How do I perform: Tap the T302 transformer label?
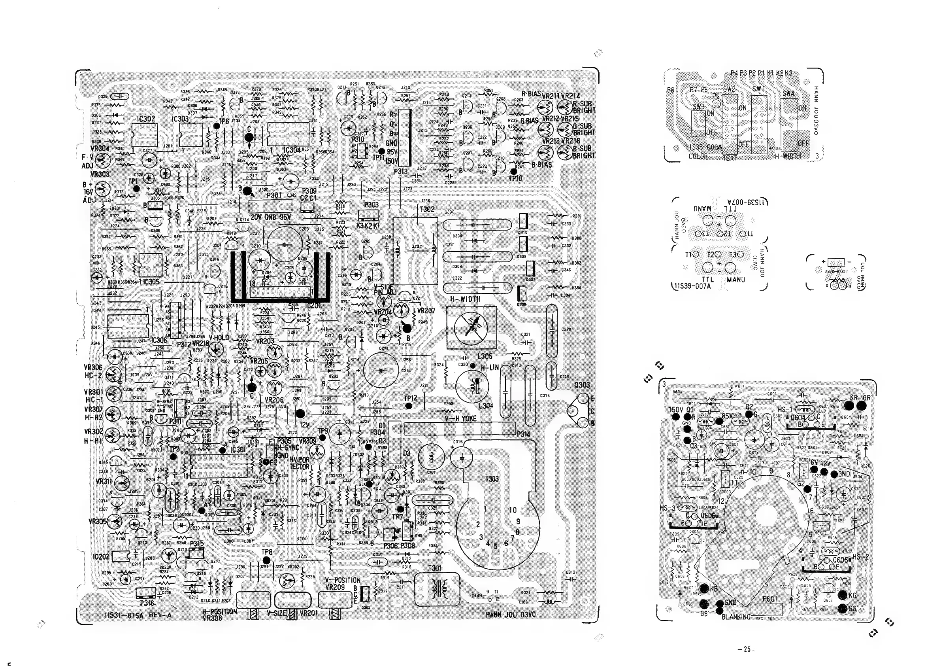pyautogui.click(x=427, y=209)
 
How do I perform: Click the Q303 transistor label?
pyautogui.click(x=582, y=385)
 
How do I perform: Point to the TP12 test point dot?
pyautogui.click(x=408, y=406)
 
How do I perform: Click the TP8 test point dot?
pyautogui.click(x=267, y=560)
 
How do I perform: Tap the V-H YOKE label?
pyautogui.click(x=461, y=419)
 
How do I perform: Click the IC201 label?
pyautogui.click(x=313, y=306)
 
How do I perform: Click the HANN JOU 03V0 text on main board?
pyautogui.click(x=511, y=615)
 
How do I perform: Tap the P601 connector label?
pyautogui.click(x=770, y=599)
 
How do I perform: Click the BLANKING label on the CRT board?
pyautogui.click(x=737, y=617)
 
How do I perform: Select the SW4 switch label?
pyautogui.click(x=788, y=93)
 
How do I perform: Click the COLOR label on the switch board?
pyautogui.click(x=698, y=156)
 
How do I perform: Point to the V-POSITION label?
pyautogui.click(x=343, y=580)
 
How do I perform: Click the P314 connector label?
pyautogui.click(x=523, y=434)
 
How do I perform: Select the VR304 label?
pyautogui.click(x=100, y=148)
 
